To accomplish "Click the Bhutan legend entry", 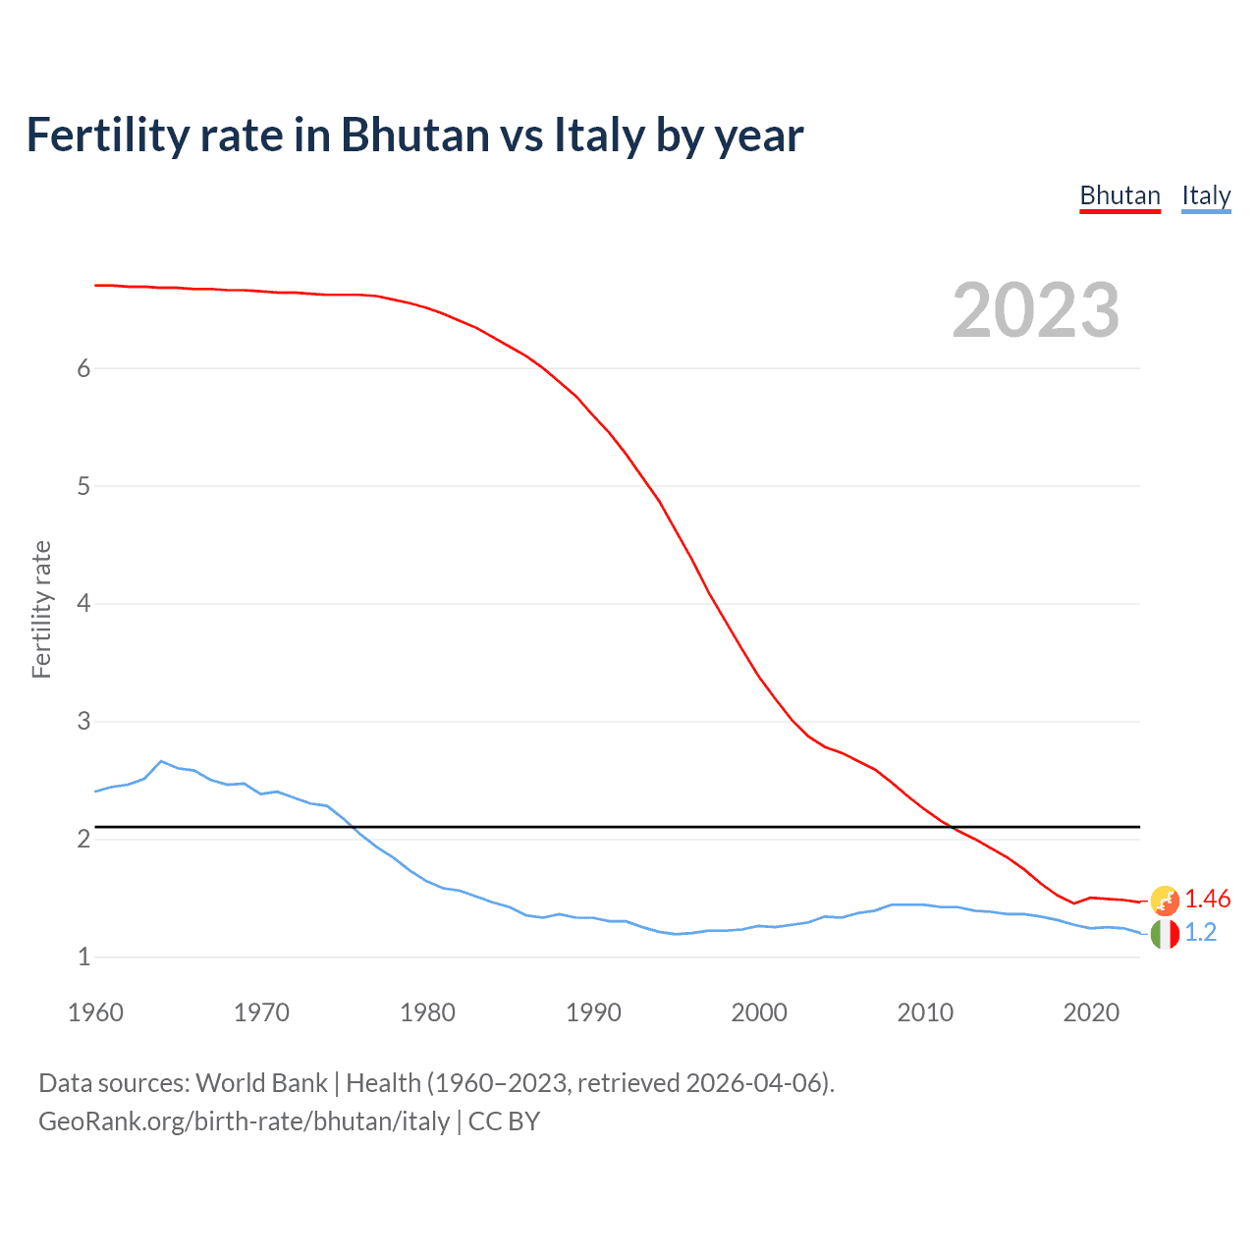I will (x=1120, y=195).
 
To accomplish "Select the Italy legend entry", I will (x=1206, y=195).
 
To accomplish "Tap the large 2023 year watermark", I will (x=1035, y=310).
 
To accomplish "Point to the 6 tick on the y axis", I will (x=83, y=368).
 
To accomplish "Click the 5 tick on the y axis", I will (x=83, y=486).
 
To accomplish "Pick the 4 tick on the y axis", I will (x=83, y=603).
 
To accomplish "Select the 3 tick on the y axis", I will (x=83, y=721).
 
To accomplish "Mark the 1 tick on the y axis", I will (x=83, y=956).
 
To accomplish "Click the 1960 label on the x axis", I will (x=95, y=1012).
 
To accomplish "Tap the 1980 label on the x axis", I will (x=427, y=1012).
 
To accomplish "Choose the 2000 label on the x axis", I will (x=759, y=1012).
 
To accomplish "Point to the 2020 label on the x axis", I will (x=1091, y=1012).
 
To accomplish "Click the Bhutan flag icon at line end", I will (x=1165, y=900).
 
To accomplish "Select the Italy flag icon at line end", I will (x=1165, y=934).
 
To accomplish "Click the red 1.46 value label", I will (x=1207, y=899).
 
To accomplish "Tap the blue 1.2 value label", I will (x=1200, y=932).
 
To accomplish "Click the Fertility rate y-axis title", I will (x=41, y=609).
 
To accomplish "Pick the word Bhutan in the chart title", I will (x=414, y=135).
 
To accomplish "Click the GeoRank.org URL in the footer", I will (x=244, y=1121).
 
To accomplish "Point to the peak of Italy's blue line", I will (x=161, y=761).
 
